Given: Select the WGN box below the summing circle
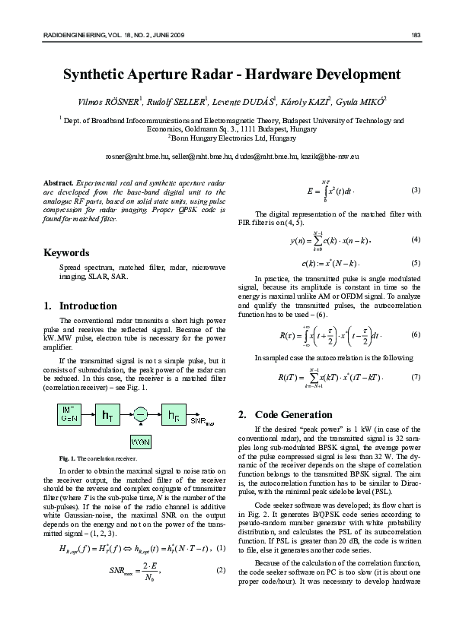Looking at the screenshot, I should coord(141,441).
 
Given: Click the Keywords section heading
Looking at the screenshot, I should coord(66,252).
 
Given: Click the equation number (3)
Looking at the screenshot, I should coord(415,189).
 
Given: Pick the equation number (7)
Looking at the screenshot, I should coord(415,378).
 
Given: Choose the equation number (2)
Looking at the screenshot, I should coord(222,570).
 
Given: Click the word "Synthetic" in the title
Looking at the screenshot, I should coord(99,75).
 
